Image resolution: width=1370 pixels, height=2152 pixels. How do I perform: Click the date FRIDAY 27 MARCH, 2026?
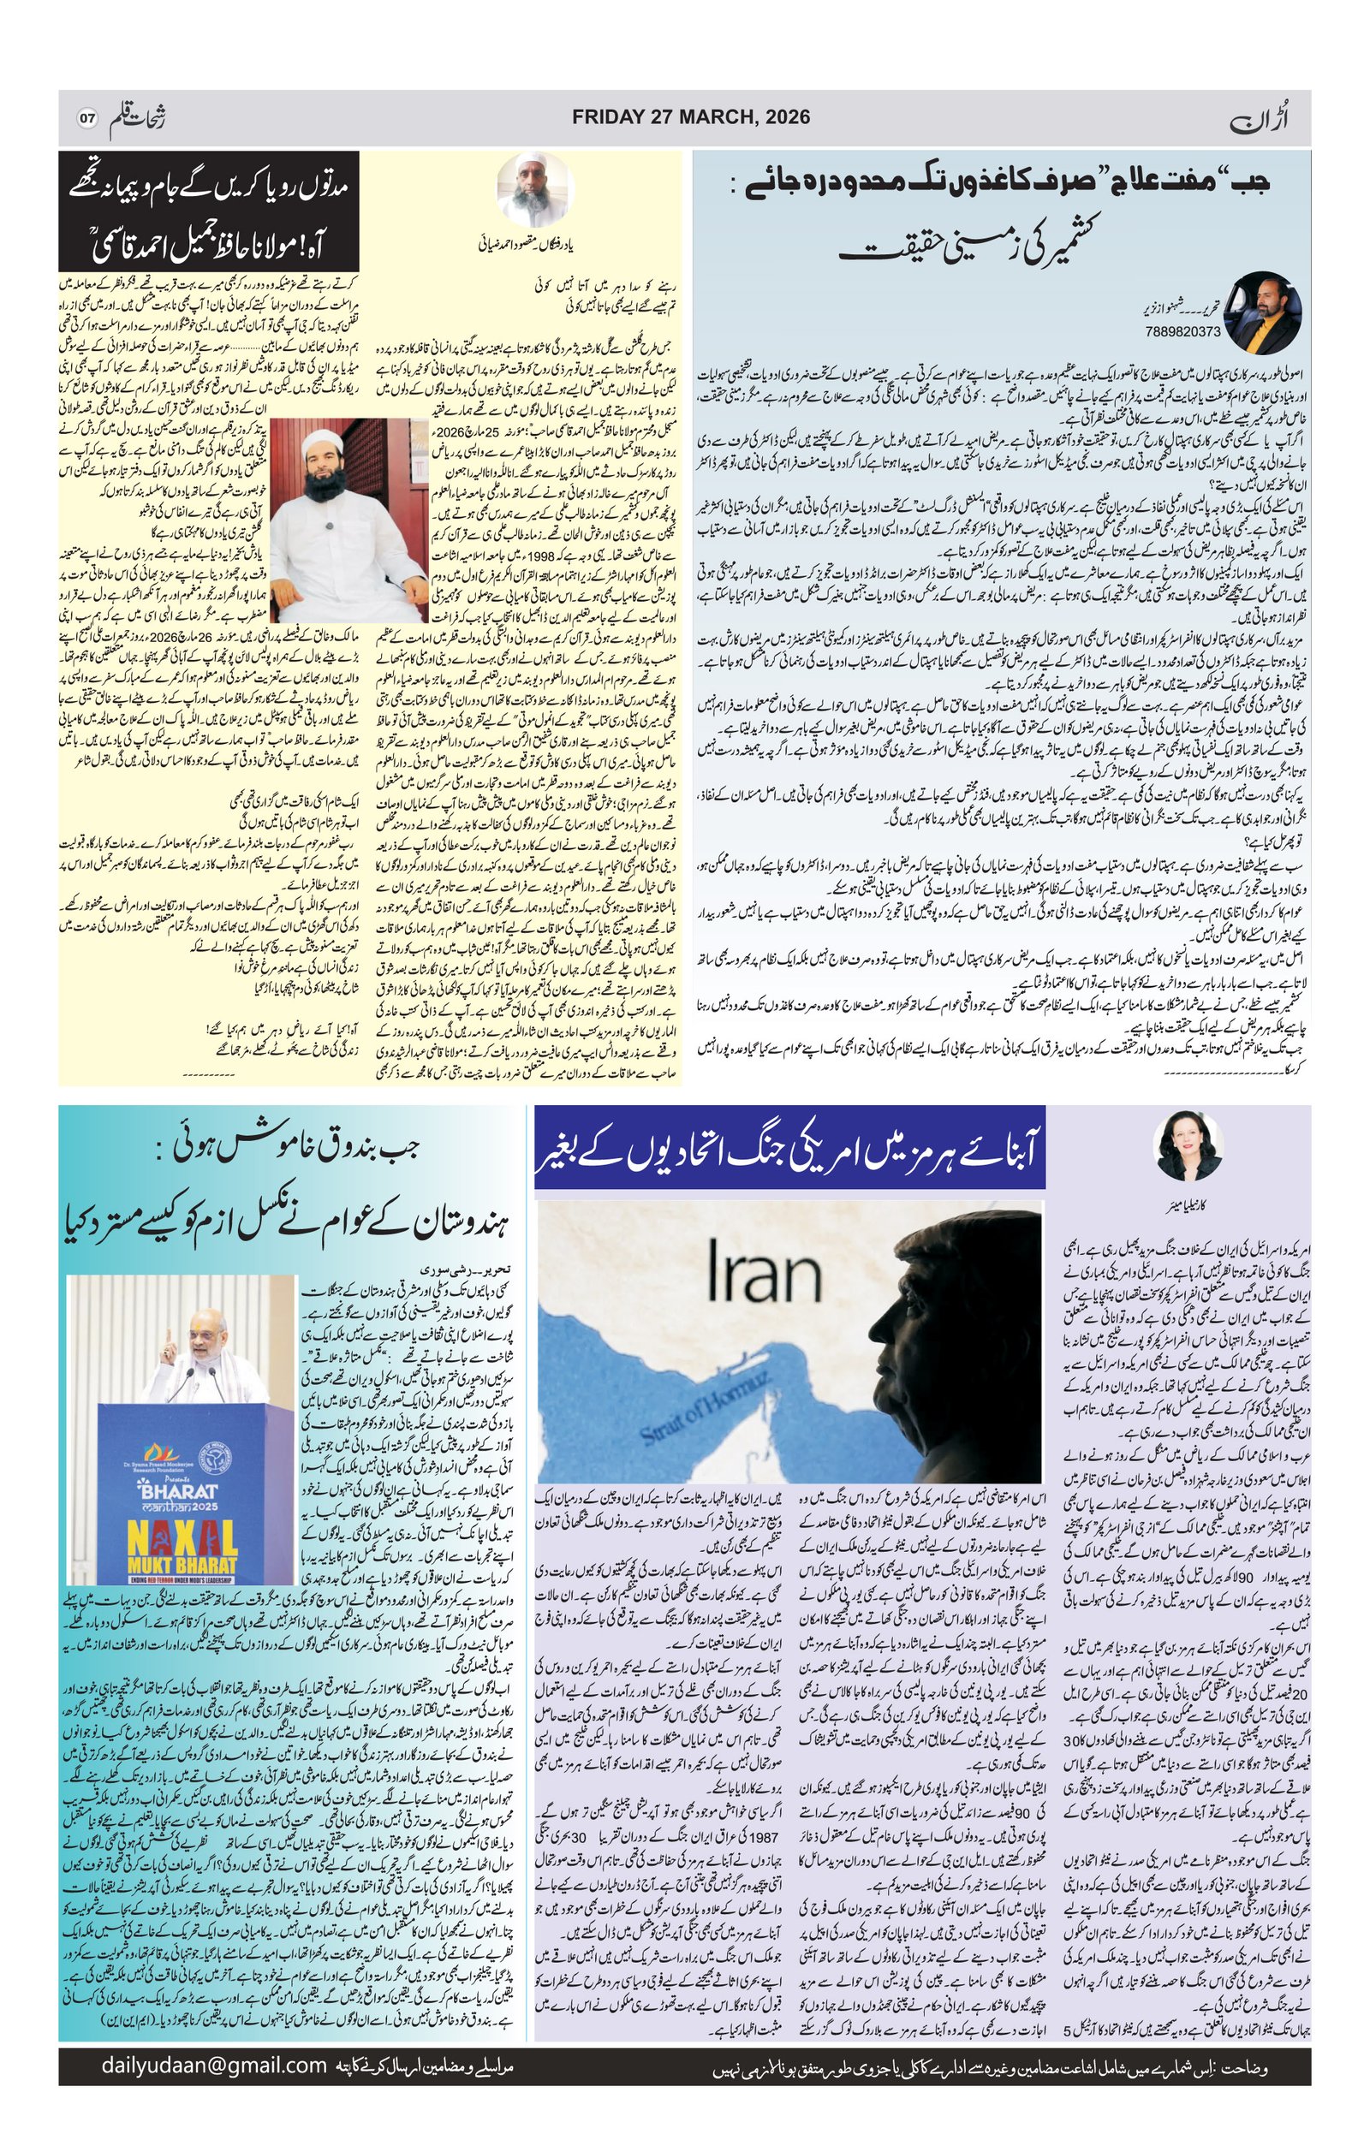(690, 117)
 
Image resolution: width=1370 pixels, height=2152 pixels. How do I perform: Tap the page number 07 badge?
(87, 118)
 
